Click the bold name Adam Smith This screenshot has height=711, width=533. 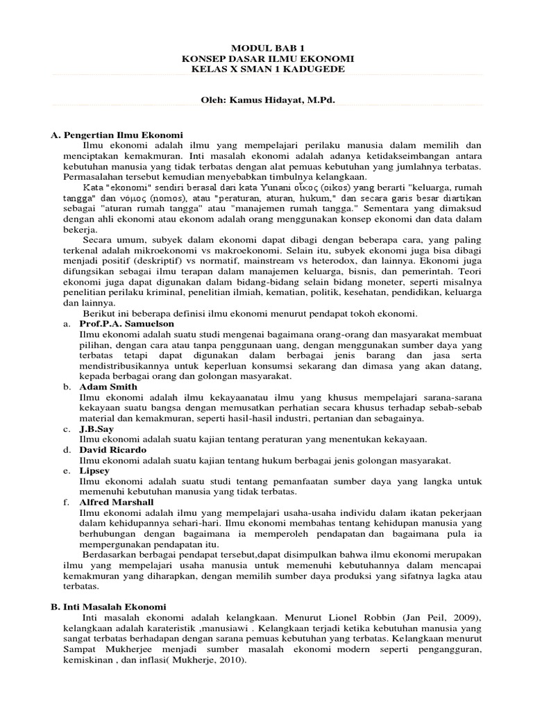coord(108,386)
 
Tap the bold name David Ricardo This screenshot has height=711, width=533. coord(112,449)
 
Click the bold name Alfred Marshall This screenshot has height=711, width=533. coord(117,501)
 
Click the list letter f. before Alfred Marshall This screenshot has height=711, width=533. coord(66,501)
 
